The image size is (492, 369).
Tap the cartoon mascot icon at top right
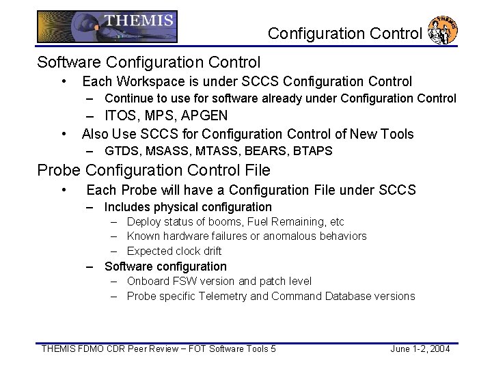[442, 30]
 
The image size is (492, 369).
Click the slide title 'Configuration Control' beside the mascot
[344, 33]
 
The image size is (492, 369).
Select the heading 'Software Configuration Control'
[149, 62]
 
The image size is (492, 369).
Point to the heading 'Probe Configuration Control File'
[154, 170]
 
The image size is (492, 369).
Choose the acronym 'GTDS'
[121, 151]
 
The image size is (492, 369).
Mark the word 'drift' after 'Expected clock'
[209, 251]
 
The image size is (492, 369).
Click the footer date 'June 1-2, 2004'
[420, 349]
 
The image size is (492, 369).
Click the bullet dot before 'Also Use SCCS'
[64, 133]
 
